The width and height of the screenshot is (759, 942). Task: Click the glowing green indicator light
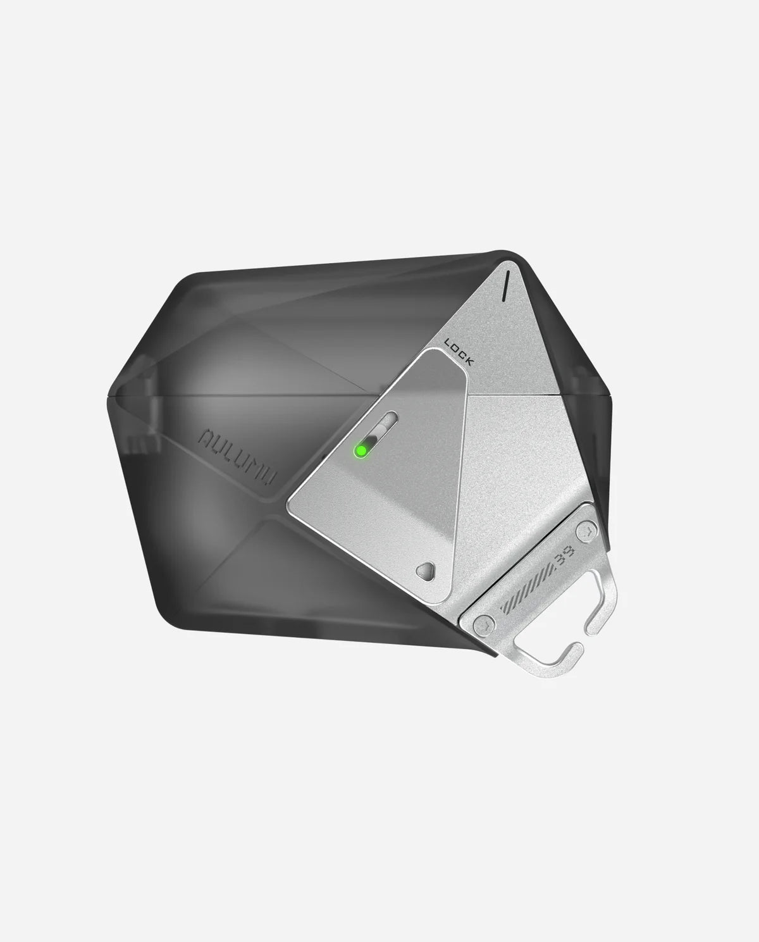pyautogui.click(x=361, y=450)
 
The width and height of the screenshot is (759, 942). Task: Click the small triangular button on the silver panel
pyautogui.click(x=426, y=571)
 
